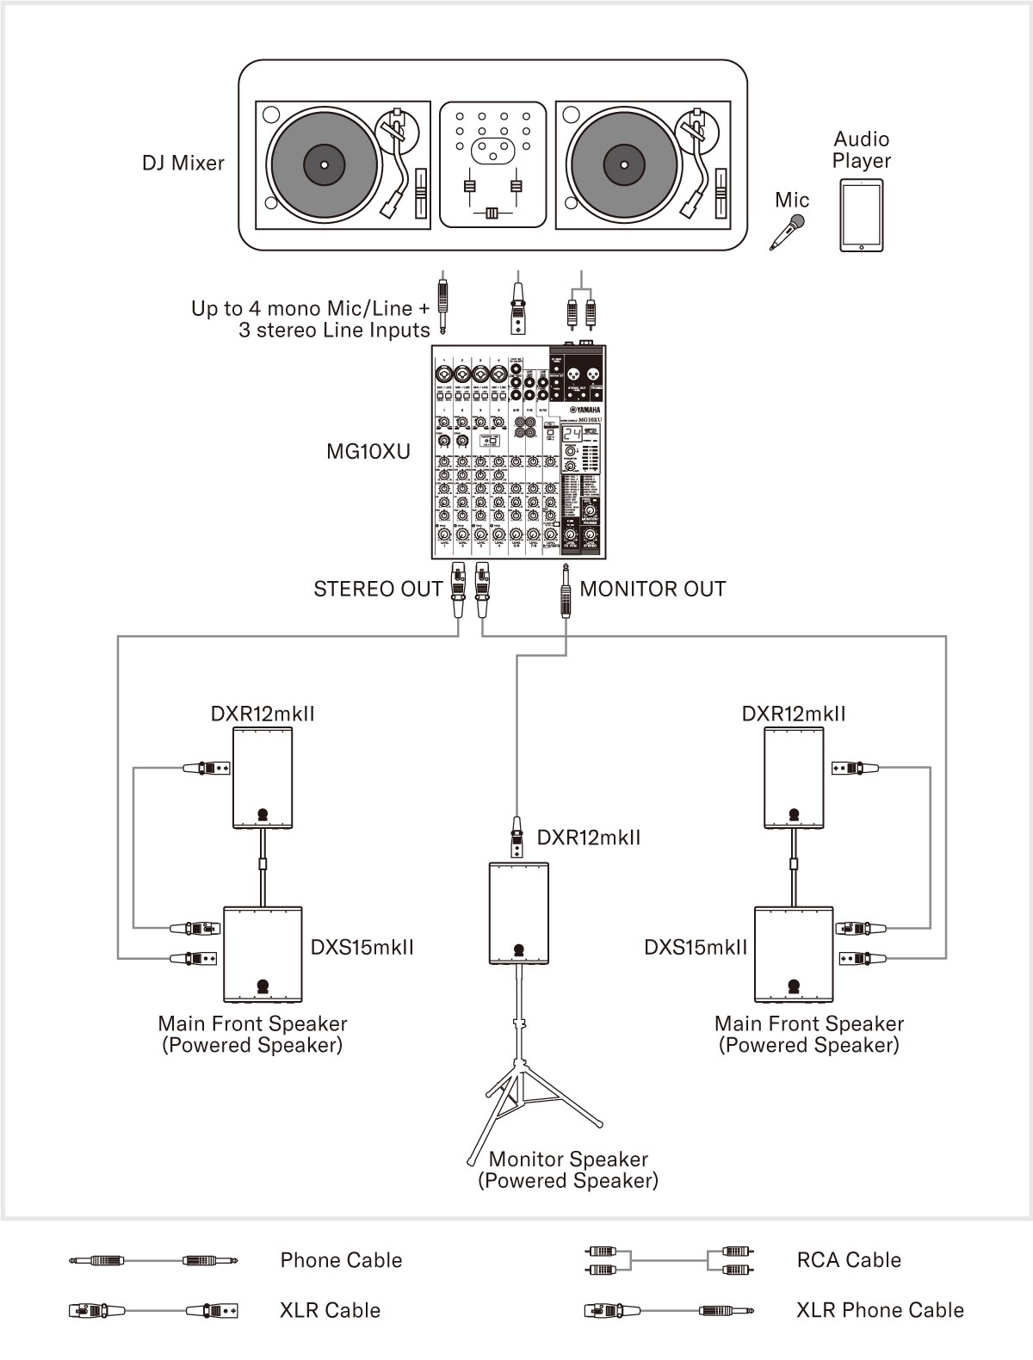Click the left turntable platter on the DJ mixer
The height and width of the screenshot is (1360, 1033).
pyautogui.click(x=325, y=164)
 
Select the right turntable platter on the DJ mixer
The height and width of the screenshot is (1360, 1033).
pyautogui.click(x=623, y=164)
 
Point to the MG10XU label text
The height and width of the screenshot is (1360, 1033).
pyautogui.click(x=368, y=451)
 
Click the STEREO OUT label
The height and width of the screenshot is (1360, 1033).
pyautogui.click(x=378, y=589)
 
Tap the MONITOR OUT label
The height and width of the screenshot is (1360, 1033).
pyautogui.click(x=653, y=589)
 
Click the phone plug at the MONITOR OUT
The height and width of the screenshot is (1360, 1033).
pyautogui.click(x=566, y=590)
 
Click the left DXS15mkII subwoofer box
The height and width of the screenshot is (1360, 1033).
pyautogui.click(x=263, y=954)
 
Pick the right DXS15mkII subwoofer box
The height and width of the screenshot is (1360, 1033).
pyautogui.click(x=794, y=954)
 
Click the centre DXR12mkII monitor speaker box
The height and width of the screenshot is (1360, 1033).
pyautogui.click(x=518, y=912)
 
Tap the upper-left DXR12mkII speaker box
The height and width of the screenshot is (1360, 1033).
pyautogui.click(x=263, y=778)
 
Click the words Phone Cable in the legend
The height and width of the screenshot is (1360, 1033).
pyautogui.click(x=341, y=1260)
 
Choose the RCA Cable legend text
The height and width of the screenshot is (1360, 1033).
pyautogui.click(x=849, y=1260)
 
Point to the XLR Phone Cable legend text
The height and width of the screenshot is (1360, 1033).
pyautogui.click(x=880, y=1310)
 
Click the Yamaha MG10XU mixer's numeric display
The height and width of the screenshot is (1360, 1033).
pyautogui.click(x=572, y=434)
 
